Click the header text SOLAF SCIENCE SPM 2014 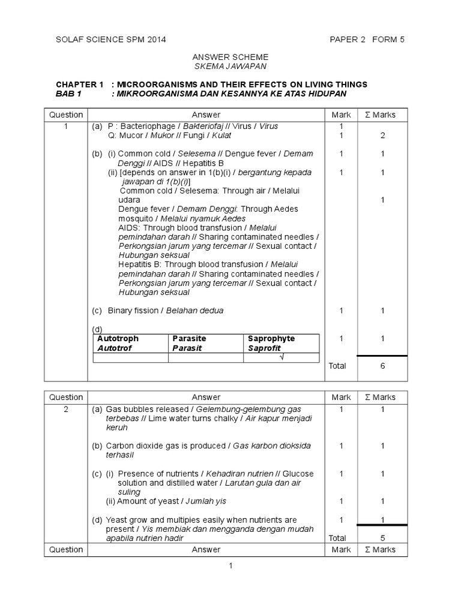[x=110, y=40]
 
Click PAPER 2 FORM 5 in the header [x=367, y=40]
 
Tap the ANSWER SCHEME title [x=230, y=57]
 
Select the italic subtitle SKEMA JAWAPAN [x=230, y=66]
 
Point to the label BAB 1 [x=68, y=94]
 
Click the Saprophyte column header [x=271, y=339]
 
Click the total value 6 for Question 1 [x=382, y=366]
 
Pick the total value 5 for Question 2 [x=382, y=538]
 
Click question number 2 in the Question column [x=66, y=409]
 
